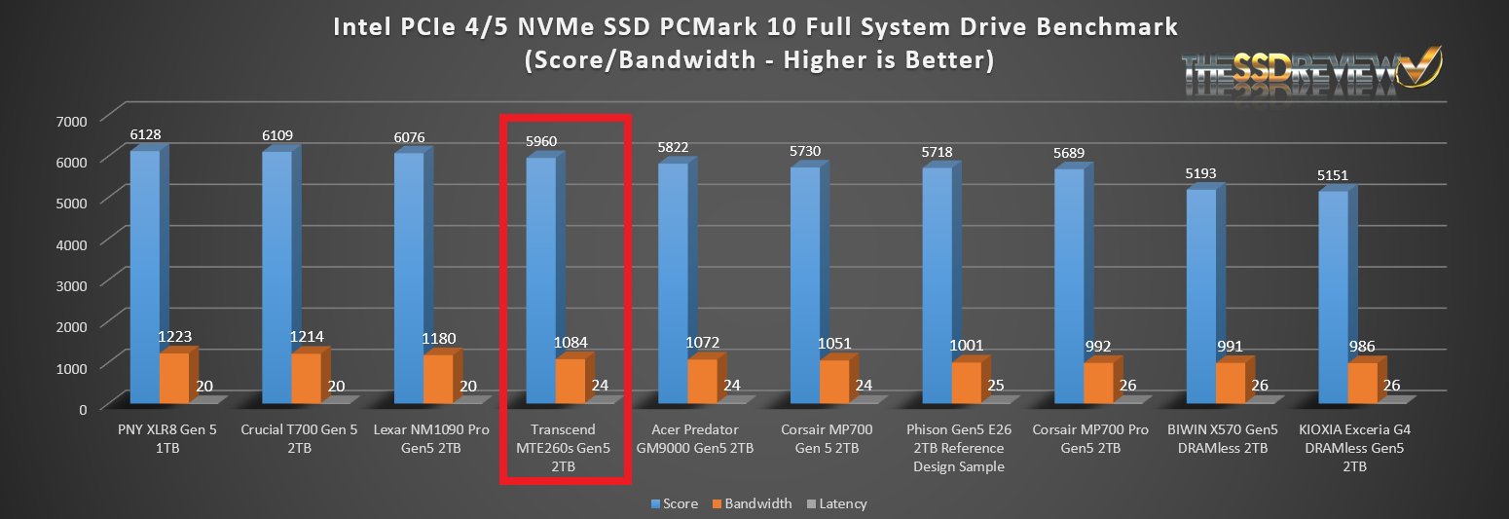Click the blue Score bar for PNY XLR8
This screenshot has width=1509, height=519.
(144, 278)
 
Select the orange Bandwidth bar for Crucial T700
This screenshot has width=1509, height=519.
(306, 379)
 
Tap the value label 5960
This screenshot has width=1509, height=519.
(540, 141)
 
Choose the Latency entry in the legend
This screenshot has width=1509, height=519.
(837, 503)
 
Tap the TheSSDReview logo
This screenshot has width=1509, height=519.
(1310, 73)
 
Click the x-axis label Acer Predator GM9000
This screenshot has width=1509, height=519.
(702, 438)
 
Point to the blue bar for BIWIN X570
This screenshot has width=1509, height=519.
(1200, 297)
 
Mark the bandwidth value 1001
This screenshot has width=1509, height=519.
(967, 345)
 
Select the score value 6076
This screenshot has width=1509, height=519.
(409, 137)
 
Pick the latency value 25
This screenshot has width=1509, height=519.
(996, 386)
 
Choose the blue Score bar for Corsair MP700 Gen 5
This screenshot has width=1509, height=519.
(804, 286)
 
